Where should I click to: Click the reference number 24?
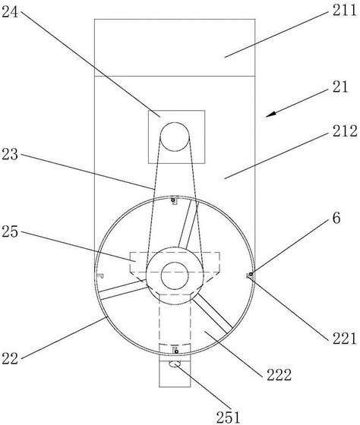tap(10, 11)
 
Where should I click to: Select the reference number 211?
tap(345, 11)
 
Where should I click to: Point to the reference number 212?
tap(345, 131)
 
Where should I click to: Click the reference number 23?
tap(10, 155)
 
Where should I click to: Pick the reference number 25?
tap(10, 232)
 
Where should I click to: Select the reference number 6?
tap(336, 218)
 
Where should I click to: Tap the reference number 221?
tap(345, 338)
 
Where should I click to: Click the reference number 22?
tap(10, 358)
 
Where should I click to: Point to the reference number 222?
tap(279, 375)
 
